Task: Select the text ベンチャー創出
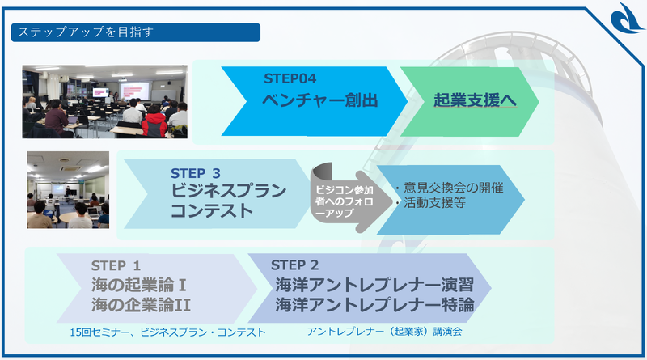(x=320, y=101)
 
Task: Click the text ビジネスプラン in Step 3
(x=229, y=192)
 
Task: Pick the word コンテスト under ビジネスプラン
(x=211, y=212)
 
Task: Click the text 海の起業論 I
(x=138, y=285)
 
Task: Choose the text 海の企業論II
(x=141, y=305)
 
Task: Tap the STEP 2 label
(x=295, y=265)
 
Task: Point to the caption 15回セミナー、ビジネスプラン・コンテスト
(x=167, y=332)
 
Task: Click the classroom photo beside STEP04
(x=104, y=100)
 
